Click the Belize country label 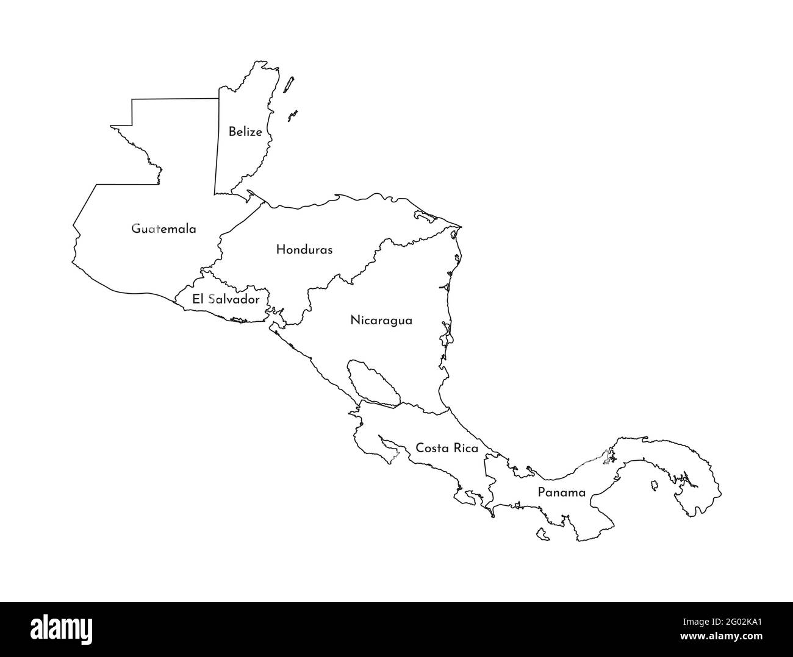[x=245, y=132]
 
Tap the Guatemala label [x=164, y=229]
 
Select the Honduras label [x=304, y=249]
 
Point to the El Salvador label [x=226, y=299]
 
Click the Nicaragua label [x=381, y=320]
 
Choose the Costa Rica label [x=447, y=448]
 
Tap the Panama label [x=561, y=492]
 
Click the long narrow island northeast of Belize [x=289, y=85]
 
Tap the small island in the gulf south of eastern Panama [x=654, y=486]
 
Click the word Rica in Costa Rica [x=465, y=448]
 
